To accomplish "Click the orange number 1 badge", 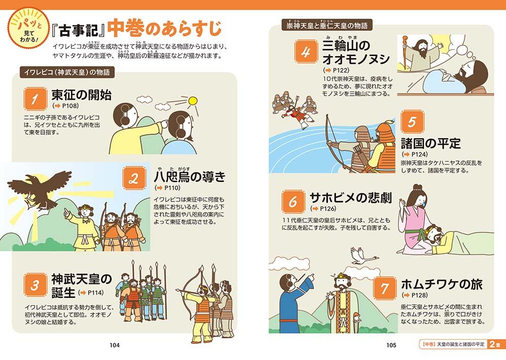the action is click(x=35, y=99).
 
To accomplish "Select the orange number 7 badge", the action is click(x=385, y=288).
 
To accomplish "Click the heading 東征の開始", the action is click(x=81, y=95).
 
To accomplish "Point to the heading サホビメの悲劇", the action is click(x=351, y=197).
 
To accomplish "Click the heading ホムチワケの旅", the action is click(x=442, y=284).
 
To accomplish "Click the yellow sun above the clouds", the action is click(x=193, y=101).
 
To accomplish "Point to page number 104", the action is click(x=114, y=345).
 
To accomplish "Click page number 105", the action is click(x=391, y=345).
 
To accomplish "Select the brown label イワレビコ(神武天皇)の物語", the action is click(x=67, y=72).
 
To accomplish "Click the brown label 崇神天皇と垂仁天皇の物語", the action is click(x=327, y=25).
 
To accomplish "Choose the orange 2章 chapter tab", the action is click(x=496, y=344).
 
